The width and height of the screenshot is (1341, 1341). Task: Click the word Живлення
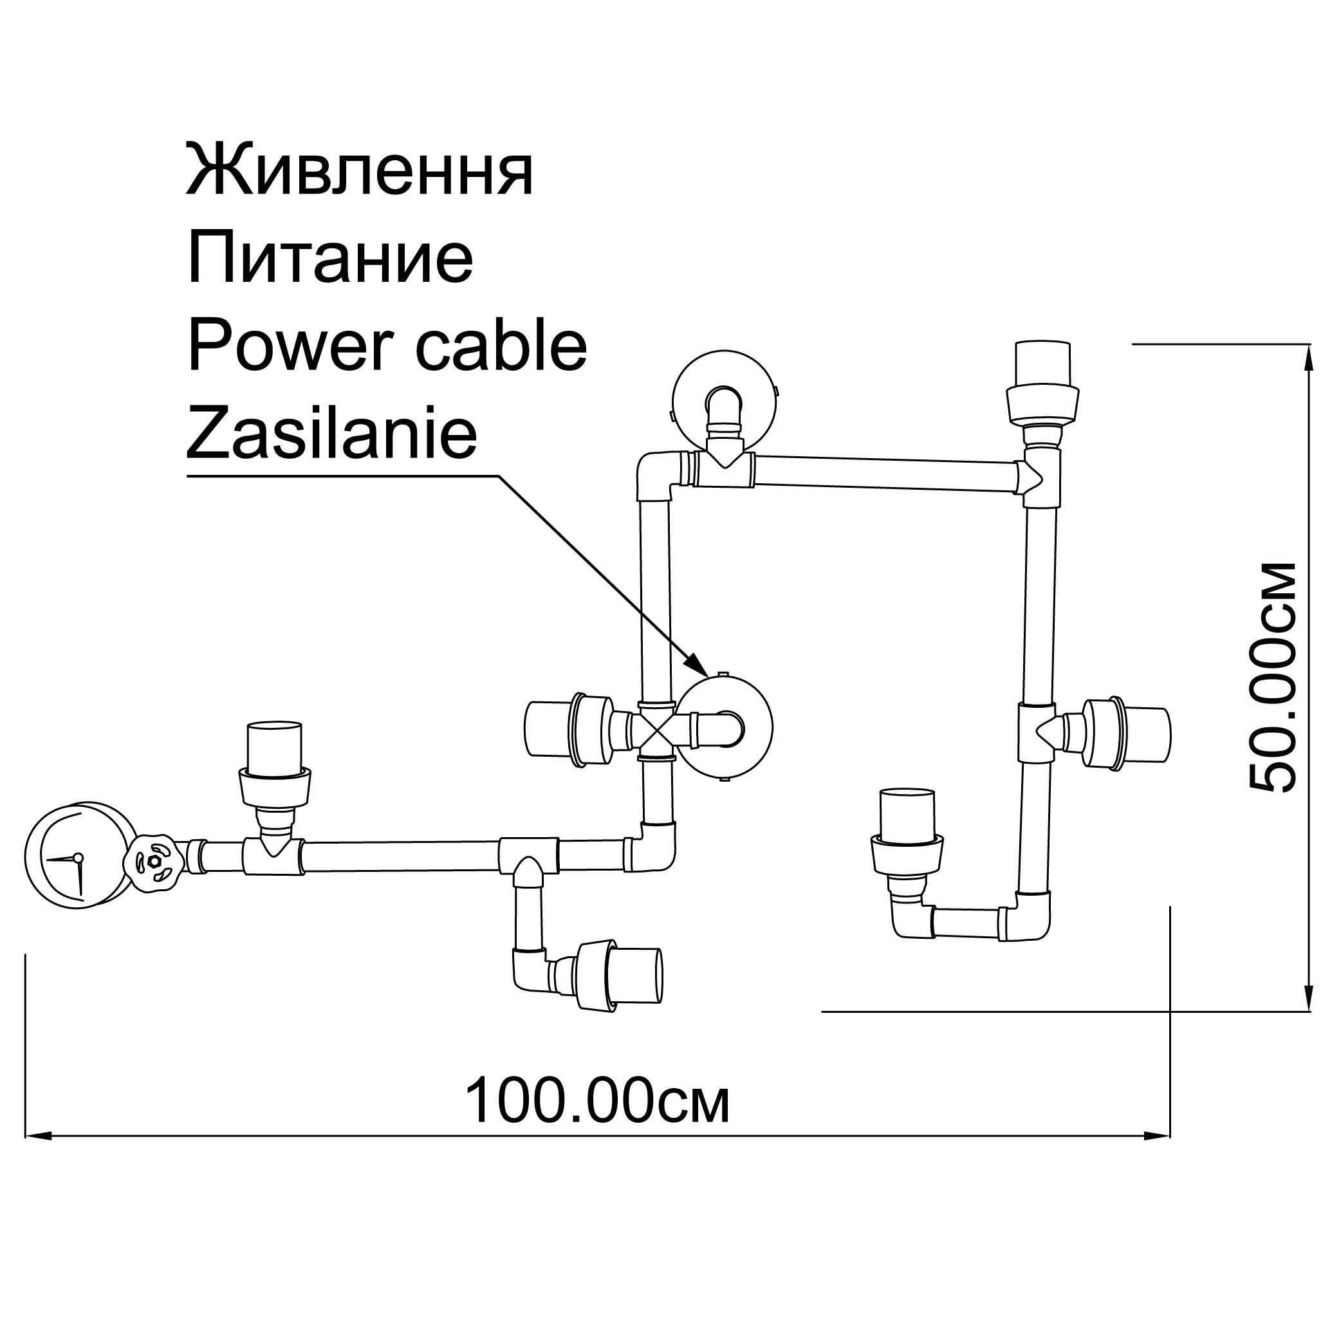point(360,171)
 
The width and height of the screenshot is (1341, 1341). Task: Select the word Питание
point(330,258)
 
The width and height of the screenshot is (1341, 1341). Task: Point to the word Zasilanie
point(332,434)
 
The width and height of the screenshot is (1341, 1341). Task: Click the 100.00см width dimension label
point(597,1101)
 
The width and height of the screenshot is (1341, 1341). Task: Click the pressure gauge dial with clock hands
point(78,855)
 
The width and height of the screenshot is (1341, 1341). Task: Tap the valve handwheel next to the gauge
point(154,861)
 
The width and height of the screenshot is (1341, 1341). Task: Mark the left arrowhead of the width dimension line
point(38,1136)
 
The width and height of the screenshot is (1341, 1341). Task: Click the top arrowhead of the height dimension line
point(1309,358)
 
